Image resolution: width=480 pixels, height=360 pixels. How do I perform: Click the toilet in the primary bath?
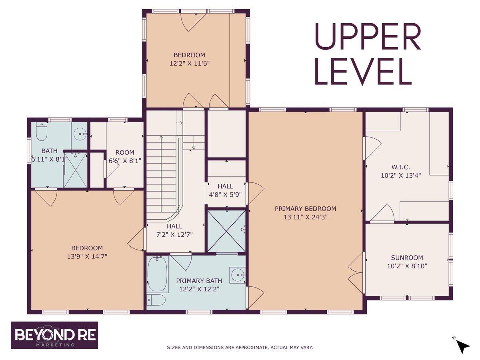tap(156, 300)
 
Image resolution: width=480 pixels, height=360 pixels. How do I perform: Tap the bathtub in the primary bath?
tap(158, 274)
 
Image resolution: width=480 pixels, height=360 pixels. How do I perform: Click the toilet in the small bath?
tap(42, 132)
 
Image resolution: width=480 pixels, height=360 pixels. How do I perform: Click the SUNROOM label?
tap(407, 258)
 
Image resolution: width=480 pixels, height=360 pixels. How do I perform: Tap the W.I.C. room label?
tap(401, 167)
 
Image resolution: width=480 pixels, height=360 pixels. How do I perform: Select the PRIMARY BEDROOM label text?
tap(305, 209)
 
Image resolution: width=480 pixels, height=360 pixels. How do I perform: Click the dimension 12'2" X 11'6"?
tap(190, 63)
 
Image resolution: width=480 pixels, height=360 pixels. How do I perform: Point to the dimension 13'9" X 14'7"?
tap(87, 256)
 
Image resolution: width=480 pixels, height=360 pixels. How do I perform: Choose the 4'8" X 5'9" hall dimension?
tap(225, 194)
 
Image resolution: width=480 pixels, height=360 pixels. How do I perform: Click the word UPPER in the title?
tap(368, 37)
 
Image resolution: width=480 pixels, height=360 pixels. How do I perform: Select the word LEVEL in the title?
tap(363, 72)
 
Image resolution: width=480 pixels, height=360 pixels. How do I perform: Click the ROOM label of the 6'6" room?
tap(125, 152)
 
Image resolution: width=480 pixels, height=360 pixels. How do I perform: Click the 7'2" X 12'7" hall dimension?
tap(174, 234)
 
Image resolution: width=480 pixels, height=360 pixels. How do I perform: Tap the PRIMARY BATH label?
tap(199, 281)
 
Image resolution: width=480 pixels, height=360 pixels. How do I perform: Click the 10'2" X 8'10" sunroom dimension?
tap(407, 266)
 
